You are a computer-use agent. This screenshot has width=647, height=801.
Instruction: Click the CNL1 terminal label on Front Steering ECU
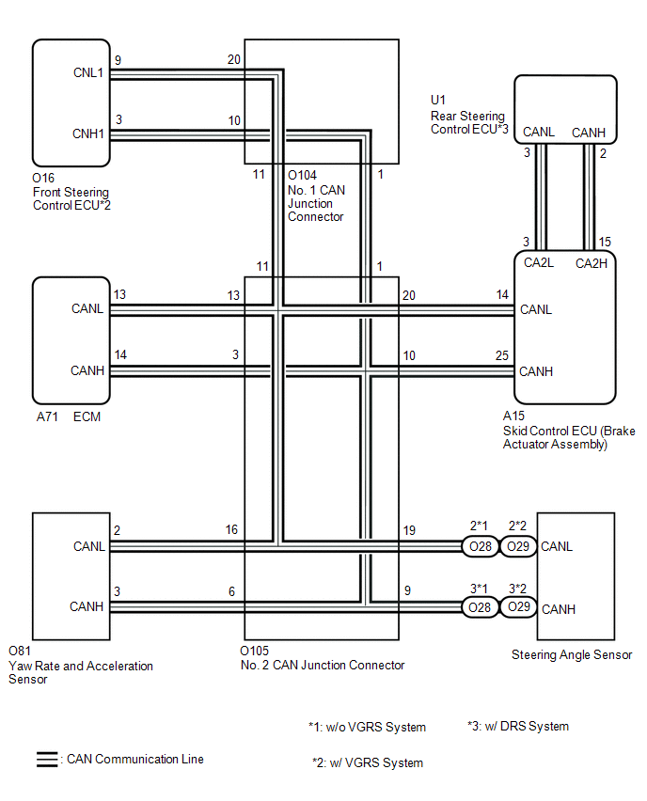pos(87,72)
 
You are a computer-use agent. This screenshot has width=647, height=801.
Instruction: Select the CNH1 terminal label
pos(87,134)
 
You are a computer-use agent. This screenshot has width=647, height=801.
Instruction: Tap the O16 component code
pos(43,177)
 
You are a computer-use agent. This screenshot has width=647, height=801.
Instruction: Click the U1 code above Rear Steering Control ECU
pos(437,99)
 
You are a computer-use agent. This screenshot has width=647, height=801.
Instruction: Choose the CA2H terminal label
pos(592,263)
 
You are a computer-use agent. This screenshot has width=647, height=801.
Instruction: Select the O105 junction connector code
pos(254,651)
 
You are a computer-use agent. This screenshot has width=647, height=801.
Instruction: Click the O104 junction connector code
pos(303,175)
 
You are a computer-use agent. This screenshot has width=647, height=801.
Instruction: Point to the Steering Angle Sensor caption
pos(571,654)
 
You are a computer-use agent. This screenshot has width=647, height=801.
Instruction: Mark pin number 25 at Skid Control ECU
pos(501,354)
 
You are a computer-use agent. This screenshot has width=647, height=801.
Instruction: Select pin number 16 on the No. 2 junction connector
pos(230,530)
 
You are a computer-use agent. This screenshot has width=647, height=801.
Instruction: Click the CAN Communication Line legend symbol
pos(45,759)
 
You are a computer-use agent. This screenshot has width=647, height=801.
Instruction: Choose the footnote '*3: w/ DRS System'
pos(517,726)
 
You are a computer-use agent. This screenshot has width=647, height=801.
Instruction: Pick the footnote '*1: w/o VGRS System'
pos(367,727)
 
